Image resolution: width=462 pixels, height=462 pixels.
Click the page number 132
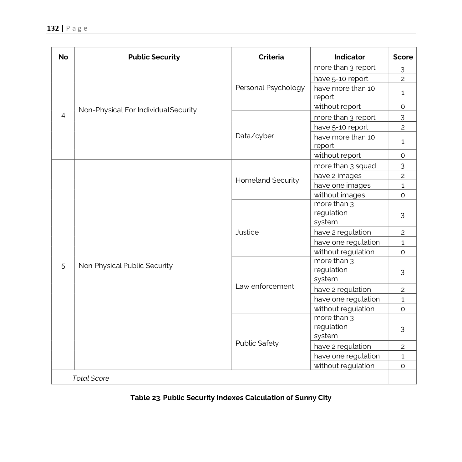53,28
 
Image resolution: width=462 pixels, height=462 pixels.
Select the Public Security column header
154,57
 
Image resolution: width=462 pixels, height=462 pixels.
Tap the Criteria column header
271,57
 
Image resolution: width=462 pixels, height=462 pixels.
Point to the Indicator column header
349,57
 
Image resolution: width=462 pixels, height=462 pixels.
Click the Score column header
403,57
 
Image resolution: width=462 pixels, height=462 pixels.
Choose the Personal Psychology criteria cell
270,88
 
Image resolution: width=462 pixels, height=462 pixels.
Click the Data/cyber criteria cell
255,136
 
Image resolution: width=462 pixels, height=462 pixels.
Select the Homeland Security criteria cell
267,180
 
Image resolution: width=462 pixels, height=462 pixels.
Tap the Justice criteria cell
247,232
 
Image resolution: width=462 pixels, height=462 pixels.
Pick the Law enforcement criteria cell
265,286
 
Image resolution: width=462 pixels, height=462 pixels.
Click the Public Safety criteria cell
257,343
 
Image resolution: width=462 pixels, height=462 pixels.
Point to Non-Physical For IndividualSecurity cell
138,110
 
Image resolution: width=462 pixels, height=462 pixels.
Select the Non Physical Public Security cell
125,266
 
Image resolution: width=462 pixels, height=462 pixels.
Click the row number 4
63,115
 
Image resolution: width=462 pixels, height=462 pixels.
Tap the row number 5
63,266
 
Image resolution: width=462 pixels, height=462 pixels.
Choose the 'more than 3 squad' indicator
345,166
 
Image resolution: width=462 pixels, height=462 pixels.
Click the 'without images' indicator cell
339,195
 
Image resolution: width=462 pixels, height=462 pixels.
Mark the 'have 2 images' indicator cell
338,175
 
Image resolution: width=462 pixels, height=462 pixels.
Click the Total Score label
91,378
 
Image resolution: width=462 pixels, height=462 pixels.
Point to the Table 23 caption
231,398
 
